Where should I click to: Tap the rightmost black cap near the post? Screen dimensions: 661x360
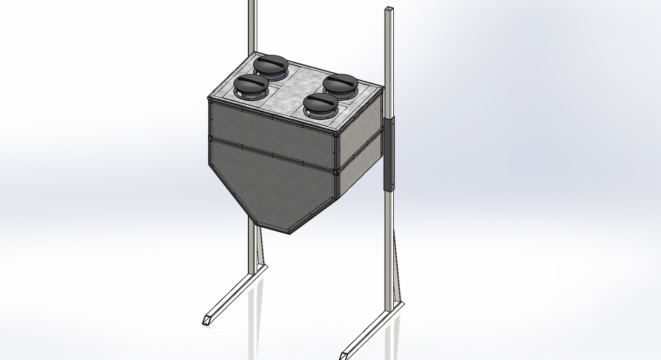pos(340,84)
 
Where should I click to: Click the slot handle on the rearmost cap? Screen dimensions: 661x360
pos(271,62)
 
